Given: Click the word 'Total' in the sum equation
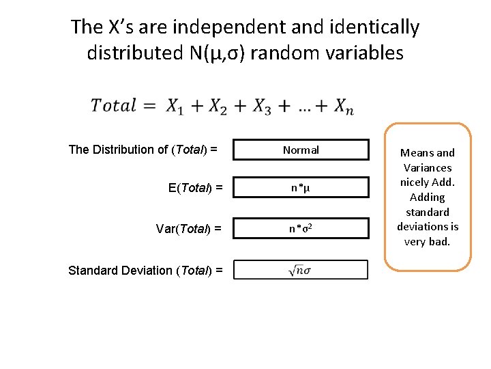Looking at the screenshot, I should (x=114, y=106).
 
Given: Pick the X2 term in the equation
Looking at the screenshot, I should (x=218, y=107).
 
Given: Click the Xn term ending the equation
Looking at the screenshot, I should (x=343, y=107).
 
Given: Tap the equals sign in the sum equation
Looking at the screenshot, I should (x=151, y=106).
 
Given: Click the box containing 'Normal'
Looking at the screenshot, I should (x=301, y=150).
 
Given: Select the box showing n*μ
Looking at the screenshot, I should (x=301, y=187).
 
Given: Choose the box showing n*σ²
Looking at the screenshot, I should (x=301, y=228).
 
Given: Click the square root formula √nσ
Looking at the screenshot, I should (x=301, y=271).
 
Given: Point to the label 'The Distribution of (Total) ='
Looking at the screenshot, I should (x=143, y=150).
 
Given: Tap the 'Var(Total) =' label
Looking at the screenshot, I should (x=188, y=229).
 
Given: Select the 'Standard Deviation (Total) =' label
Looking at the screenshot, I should (x=145, y=271).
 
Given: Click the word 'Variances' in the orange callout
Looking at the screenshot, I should (x=428, y=167).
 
